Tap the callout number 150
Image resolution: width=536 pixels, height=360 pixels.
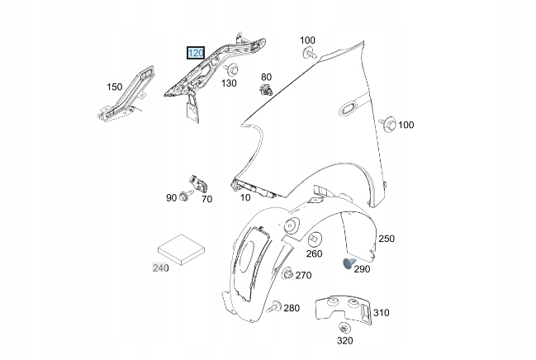(x=114, y=86)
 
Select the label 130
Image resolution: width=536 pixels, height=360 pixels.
(x=229, y=83)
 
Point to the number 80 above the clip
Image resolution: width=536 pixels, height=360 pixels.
(x=266, y=78)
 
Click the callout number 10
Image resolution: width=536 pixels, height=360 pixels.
(x=245, y=197)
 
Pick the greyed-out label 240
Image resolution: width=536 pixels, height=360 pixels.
(x=159, y=268)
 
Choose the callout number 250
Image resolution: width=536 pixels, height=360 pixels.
(x=387, y=239)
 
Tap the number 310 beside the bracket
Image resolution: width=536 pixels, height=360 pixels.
(x=381, y=313)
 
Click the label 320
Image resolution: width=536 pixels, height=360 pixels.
(x=344, y=339)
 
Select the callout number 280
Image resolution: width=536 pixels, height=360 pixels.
(x=292, y=308)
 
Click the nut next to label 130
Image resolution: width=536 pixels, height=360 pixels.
(x=232, y=69)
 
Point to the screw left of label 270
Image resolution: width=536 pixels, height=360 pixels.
(x=287, y=274)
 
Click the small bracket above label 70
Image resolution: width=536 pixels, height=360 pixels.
(x=199, y=182)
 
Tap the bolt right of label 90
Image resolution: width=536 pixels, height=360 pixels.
(x=184, y=198)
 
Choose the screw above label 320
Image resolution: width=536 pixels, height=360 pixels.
(x=344, y=328)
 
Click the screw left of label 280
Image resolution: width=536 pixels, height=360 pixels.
(x=276, y=306)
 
